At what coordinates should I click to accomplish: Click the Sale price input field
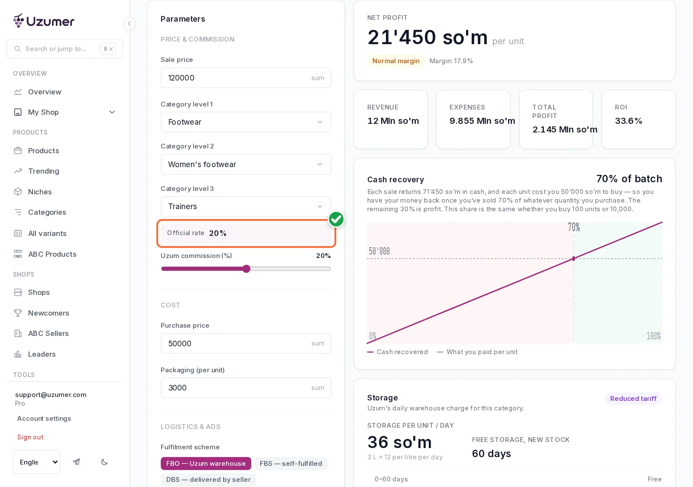click(x=246, y=77)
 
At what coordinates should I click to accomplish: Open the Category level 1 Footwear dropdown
click(x=246, y=122)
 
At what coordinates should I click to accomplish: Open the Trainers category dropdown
click(x=246, y=206)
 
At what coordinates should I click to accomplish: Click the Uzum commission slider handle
click(x=246, y=269)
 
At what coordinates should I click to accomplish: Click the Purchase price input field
click(x=246, y=343)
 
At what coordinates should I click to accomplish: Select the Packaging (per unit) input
click(x=246, y=388)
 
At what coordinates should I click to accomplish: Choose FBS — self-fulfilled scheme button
click(x=291, y=463)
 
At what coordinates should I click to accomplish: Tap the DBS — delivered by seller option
click(x=208, y=479)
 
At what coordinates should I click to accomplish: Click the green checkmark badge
click(x=336, y=219)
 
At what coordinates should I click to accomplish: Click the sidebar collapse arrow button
click(x=130, y=23)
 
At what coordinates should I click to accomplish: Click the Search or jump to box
click(x=65, y=49)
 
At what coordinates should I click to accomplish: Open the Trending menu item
click(x=43, y=171)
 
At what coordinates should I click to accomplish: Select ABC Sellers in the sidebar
click(x=48, y=333)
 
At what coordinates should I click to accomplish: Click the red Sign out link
click(x=30, y=437)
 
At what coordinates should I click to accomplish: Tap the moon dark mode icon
click(x=104, y=462)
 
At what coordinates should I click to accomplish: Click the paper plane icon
click(x=76, y=462)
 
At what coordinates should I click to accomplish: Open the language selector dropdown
click(x=36, y=462)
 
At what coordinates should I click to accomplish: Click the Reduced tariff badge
click(x=633, y=399)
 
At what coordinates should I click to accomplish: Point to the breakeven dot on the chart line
click(x=573, y=258)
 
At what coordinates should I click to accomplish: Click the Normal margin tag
click(x=396, y=61)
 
